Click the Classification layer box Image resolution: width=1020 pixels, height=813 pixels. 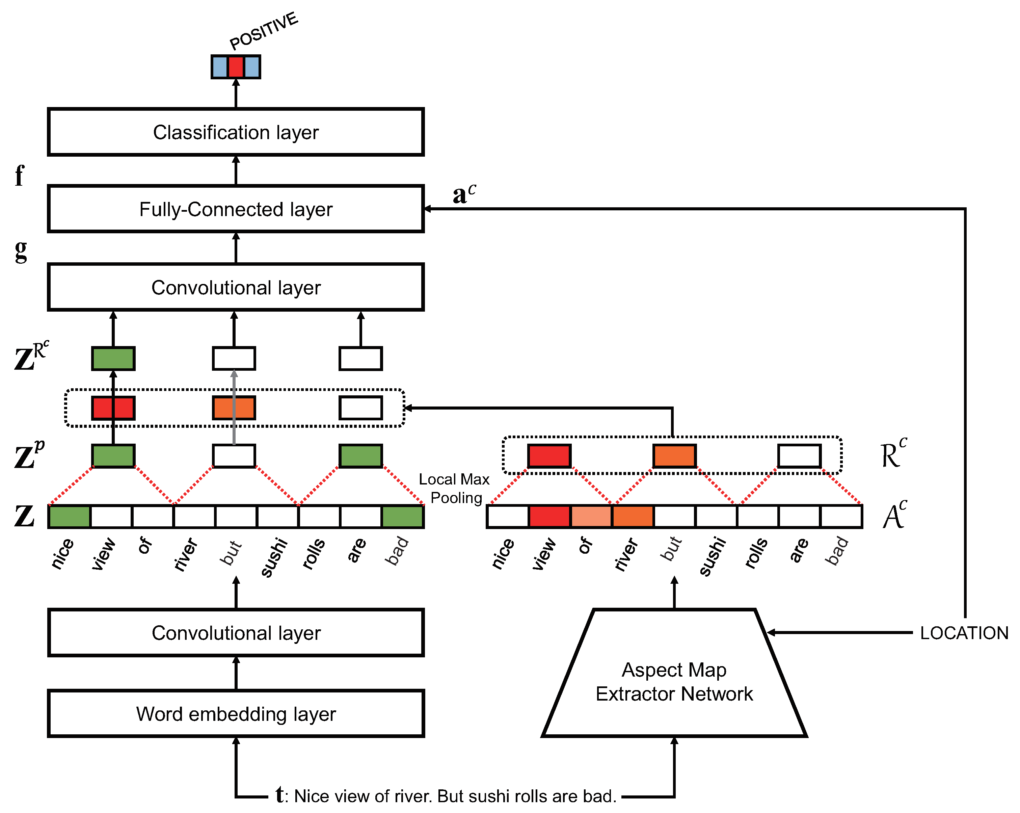tap(236, 132)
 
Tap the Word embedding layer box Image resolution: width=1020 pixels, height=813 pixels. tap(236, 713)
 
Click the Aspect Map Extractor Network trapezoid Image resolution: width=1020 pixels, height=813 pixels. tap(674, 681)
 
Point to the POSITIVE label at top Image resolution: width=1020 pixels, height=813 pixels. tap(264, 30)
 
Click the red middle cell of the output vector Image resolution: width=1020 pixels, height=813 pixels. tap(236, 67)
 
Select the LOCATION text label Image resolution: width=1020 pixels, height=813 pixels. tap(964, 633)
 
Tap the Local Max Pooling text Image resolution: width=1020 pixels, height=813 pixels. tap(455, 488)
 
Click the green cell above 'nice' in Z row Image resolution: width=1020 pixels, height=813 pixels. tap(69, 516)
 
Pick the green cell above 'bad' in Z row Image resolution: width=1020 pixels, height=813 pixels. tap(402, 516)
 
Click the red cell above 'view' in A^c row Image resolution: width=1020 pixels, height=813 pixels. tap(549, 516)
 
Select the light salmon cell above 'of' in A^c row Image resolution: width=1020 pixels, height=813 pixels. tap(591, 516)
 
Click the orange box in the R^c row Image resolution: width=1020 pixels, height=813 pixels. tap(674, 456)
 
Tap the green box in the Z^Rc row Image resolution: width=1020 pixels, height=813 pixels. tap(113, 358)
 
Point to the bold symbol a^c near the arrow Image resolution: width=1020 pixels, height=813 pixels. tap(464, 193)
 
